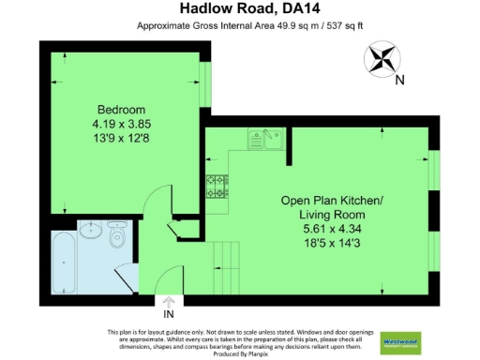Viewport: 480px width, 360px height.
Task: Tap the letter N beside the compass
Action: coord(399,80)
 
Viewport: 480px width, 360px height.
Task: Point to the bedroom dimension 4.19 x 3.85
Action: coord(121,123)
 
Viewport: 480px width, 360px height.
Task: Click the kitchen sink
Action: coord(265,141)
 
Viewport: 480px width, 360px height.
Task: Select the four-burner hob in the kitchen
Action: coord(217,187)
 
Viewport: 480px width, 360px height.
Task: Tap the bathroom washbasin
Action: coord(92,231)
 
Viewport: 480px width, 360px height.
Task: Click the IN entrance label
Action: coord(169,314)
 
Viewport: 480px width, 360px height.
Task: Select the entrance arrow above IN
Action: coord(169,302)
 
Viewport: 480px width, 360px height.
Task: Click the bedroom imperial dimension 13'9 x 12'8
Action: coord(121,138)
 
